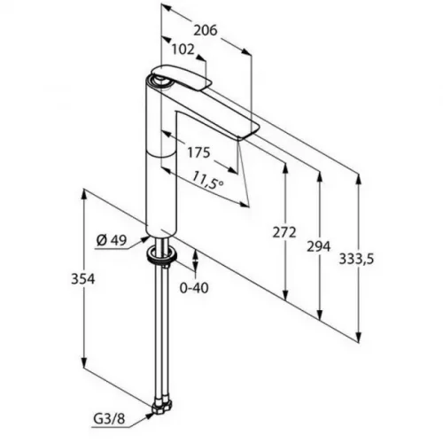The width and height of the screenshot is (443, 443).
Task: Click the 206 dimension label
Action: pyautogui.click(x=206, y=30)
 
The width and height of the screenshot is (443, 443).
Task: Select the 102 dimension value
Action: pyautogui.click(x=183, y=50)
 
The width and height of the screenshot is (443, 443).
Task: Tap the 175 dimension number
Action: pyautogui.click(x=198, y=152)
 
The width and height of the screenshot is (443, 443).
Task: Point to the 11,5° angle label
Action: pyautogui.click(x=207, y=181)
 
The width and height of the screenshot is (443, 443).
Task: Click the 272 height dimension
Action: pyautogui.click(x=284, y=232)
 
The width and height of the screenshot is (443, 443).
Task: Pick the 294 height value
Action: pyautogui.click(x=318, y=246)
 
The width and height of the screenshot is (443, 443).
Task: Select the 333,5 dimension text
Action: pyautogui.click(x=356, y=259)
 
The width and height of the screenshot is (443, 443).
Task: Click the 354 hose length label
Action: pyautogui.click(x=83, y=279)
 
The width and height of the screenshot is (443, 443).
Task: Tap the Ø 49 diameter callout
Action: pyautogui.click(x=112, y=241)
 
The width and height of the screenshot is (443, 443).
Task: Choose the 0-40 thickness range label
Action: pyautogui.click(x=194, y=288)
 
